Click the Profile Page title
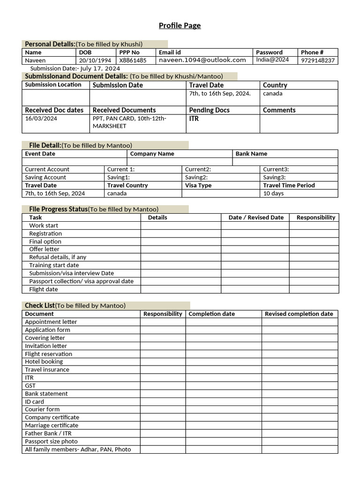point(180,25)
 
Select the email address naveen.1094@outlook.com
point(202,60)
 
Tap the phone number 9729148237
point(317,60)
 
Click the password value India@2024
point(272,60)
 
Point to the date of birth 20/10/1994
point(95,60)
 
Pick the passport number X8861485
point(133,60)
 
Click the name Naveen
point(35,60)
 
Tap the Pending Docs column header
point(209,110)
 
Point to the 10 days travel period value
point(273,193)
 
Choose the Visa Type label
point(198,185)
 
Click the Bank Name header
point(251,154)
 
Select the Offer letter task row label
point(44,249)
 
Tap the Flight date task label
point(43,289)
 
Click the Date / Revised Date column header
point(256,217)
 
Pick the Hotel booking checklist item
point(44,361)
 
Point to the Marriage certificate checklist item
point(52,425)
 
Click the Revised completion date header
point(299,314)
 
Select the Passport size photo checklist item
point(51,441)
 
